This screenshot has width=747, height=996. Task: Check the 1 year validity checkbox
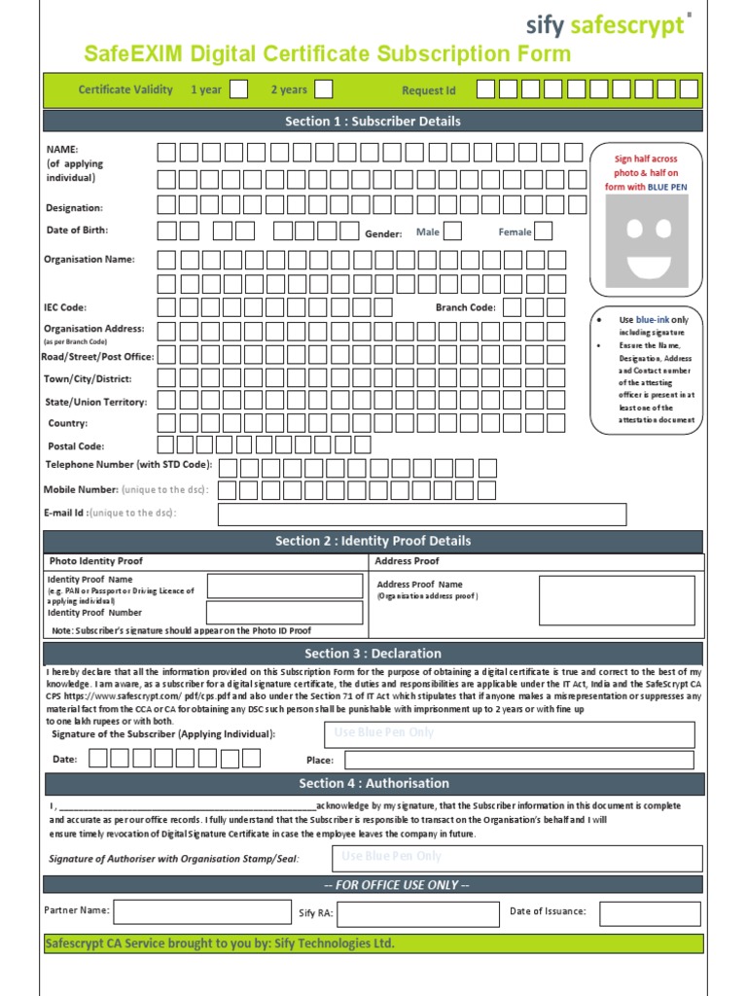pyautogui.click(x=238, y=89)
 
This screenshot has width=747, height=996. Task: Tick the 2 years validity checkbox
pyautogui.click(x=324, y=89)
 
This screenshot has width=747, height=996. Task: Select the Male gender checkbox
pyautogui.click(x=452, y=231)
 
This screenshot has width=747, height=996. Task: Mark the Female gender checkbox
pyautogui.click(x=543, y=231)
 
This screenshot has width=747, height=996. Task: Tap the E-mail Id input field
pyautogui.click(x=422, y=514)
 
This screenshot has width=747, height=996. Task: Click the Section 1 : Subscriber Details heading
pyautogui.click(x=373, y=122)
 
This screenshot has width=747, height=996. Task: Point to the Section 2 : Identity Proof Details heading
pyautogui.click(x=373, y=541)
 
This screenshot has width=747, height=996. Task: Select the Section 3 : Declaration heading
pyautogui.click(x=373, y=654)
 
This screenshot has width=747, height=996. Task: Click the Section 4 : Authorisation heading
pyautogui.click(x=373, y=783)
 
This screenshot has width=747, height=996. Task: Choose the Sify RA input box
pyautogui.click(x=416, y=914)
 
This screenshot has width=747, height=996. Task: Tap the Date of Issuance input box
pyautogui.click(x=649, y=913)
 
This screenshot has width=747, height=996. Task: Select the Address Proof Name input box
pyautogui.click(x=617, y=599)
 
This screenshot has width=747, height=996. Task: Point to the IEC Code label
pyautogui.click(x=65, y=307)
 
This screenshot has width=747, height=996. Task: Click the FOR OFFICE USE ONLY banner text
pyautogui.click(x=373, y=885)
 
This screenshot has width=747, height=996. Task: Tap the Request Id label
pyautogui.click(x=429, y=90)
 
